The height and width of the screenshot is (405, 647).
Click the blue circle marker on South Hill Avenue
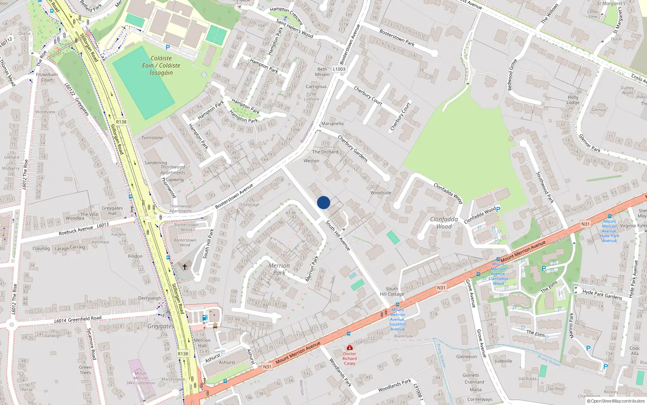coord(323,202)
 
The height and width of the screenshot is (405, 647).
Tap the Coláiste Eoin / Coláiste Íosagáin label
coord(161,66)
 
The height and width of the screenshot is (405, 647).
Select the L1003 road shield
coord(339,69)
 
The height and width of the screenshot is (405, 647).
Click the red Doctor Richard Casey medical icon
coord(349,347)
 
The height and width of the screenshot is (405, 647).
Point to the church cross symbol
coord(185,267)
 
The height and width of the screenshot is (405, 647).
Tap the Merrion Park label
coord(279,269)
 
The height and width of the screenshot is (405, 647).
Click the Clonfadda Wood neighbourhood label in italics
coord(444,223)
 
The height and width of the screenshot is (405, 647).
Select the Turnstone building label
coord(152,138)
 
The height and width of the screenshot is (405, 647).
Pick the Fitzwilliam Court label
coord(47,77)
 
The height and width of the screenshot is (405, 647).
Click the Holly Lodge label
coord(573,100)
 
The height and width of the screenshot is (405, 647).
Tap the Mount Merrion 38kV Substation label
coord(140,378)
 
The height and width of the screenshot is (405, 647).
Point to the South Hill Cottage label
coord(391,292)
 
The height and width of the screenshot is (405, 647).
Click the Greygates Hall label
coord(112,211)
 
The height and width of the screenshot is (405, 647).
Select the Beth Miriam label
coord(322,72)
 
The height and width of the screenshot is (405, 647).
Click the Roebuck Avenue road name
coord(76,231)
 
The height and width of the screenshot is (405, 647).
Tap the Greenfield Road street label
coord(84,319)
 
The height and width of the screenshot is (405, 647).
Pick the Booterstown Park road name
coord(397,37)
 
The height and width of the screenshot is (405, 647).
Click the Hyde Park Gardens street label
coord(602,294)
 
